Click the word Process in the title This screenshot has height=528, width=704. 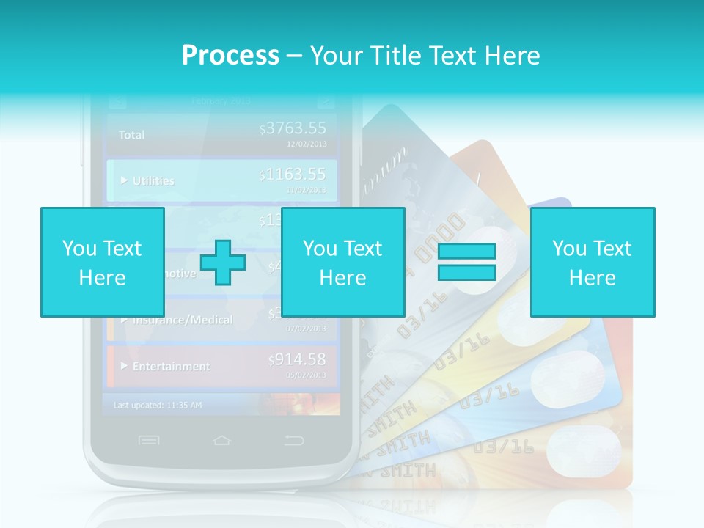(230, 56)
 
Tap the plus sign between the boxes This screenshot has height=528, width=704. (222, 262)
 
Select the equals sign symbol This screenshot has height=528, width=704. (466, 262)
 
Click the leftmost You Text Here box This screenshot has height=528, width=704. (102, 262)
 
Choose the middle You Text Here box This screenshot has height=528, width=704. (342, 262)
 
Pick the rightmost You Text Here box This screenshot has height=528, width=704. (592, 262)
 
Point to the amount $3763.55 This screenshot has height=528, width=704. (293, 129)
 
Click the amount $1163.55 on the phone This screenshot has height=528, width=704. (293, 175)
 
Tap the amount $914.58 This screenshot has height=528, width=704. (297, 359)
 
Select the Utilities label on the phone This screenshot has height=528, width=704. (153, 180)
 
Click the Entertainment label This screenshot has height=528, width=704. (170, 366)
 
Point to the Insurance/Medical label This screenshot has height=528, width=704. (182, 320)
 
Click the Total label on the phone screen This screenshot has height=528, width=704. (132, 135)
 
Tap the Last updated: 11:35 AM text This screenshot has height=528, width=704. (158, 405)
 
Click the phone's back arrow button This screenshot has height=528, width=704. (293, 440)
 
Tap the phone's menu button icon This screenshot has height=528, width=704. (149, 440)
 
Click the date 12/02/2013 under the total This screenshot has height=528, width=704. (307, 144)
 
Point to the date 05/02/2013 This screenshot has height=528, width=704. (307, 375)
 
